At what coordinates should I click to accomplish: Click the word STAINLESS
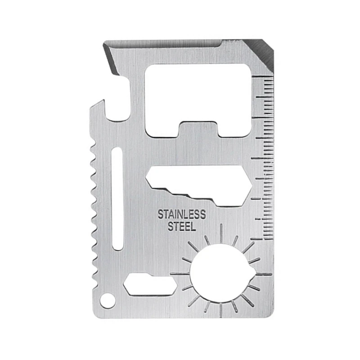coord(182,213)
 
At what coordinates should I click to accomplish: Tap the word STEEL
coord(182,226)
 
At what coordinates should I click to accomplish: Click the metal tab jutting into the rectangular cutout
coord(198,128)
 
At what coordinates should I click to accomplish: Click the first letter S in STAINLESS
coord(160,213)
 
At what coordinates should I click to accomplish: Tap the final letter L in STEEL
coord(193,226)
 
